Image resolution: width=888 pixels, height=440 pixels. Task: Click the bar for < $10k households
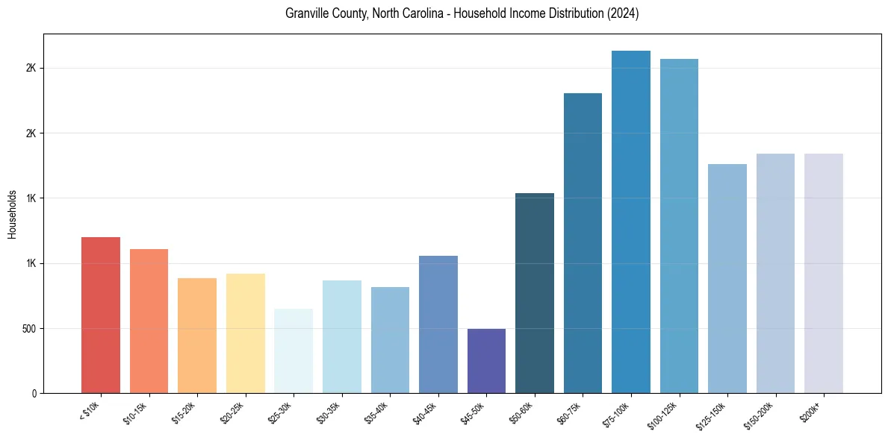pos(101,315)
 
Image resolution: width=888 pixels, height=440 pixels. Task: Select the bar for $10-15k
pos(149,321)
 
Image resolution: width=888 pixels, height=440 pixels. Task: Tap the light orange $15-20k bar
pos(197,336)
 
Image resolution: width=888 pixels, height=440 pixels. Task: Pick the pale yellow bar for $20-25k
pos(246,333)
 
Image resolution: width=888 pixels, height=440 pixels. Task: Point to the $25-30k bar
pos(294,351)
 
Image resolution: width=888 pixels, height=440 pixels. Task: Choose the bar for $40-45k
pos(438,324)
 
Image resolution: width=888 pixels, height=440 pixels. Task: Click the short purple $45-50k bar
pos(486,361)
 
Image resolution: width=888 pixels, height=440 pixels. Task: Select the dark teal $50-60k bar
pos(535,293)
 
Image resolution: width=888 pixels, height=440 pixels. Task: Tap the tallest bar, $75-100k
pos(631,221)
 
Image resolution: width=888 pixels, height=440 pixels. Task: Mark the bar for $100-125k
pos(679,226)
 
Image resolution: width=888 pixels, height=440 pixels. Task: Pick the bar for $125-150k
pos(727,278)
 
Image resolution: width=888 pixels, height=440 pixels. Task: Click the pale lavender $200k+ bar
pos(824,273)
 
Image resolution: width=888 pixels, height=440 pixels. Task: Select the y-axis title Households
pos(12,213)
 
